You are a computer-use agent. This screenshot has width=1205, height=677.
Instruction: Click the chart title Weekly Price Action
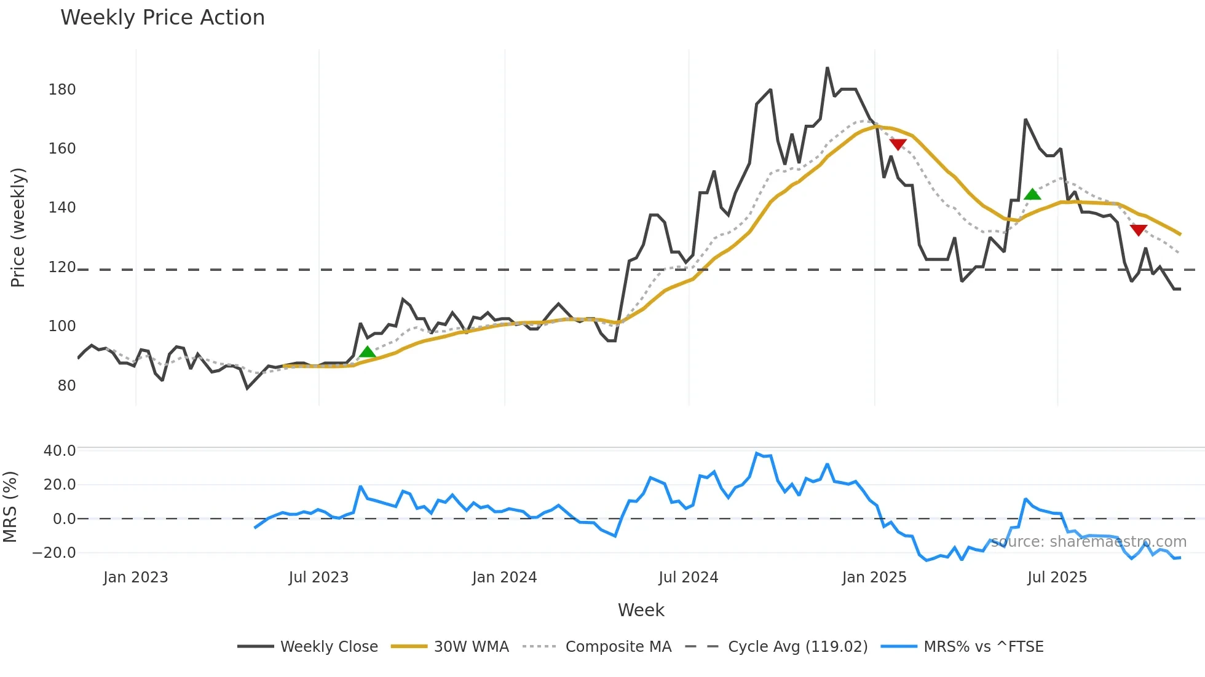coord(162,18)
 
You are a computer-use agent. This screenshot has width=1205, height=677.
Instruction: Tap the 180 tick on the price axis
coord(62,90)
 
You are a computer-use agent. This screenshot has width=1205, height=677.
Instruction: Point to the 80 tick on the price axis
coord(66,386)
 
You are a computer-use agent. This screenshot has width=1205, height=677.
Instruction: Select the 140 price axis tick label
coord(62,208)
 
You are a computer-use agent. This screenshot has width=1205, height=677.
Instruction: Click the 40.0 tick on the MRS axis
coord(60,451)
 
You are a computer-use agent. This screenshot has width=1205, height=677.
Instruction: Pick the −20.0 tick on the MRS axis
coord(54,553)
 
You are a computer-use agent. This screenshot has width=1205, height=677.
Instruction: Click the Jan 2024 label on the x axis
coord(504,577)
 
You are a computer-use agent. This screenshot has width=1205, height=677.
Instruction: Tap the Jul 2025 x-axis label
coord(1057,577)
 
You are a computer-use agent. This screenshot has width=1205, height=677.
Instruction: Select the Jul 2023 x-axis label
coord(318,577)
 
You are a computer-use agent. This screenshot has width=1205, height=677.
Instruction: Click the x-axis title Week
coord(641,610)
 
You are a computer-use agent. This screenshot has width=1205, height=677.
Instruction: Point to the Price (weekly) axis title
coord(18,227)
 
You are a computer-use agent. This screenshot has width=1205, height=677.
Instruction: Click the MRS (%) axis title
coord(10,507)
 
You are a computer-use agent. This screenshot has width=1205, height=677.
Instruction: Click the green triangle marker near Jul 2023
coord(367,352)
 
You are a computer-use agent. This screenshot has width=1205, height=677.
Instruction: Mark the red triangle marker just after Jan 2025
coord(898,144)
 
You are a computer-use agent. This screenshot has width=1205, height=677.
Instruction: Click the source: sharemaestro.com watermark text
coord(1088,542)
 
